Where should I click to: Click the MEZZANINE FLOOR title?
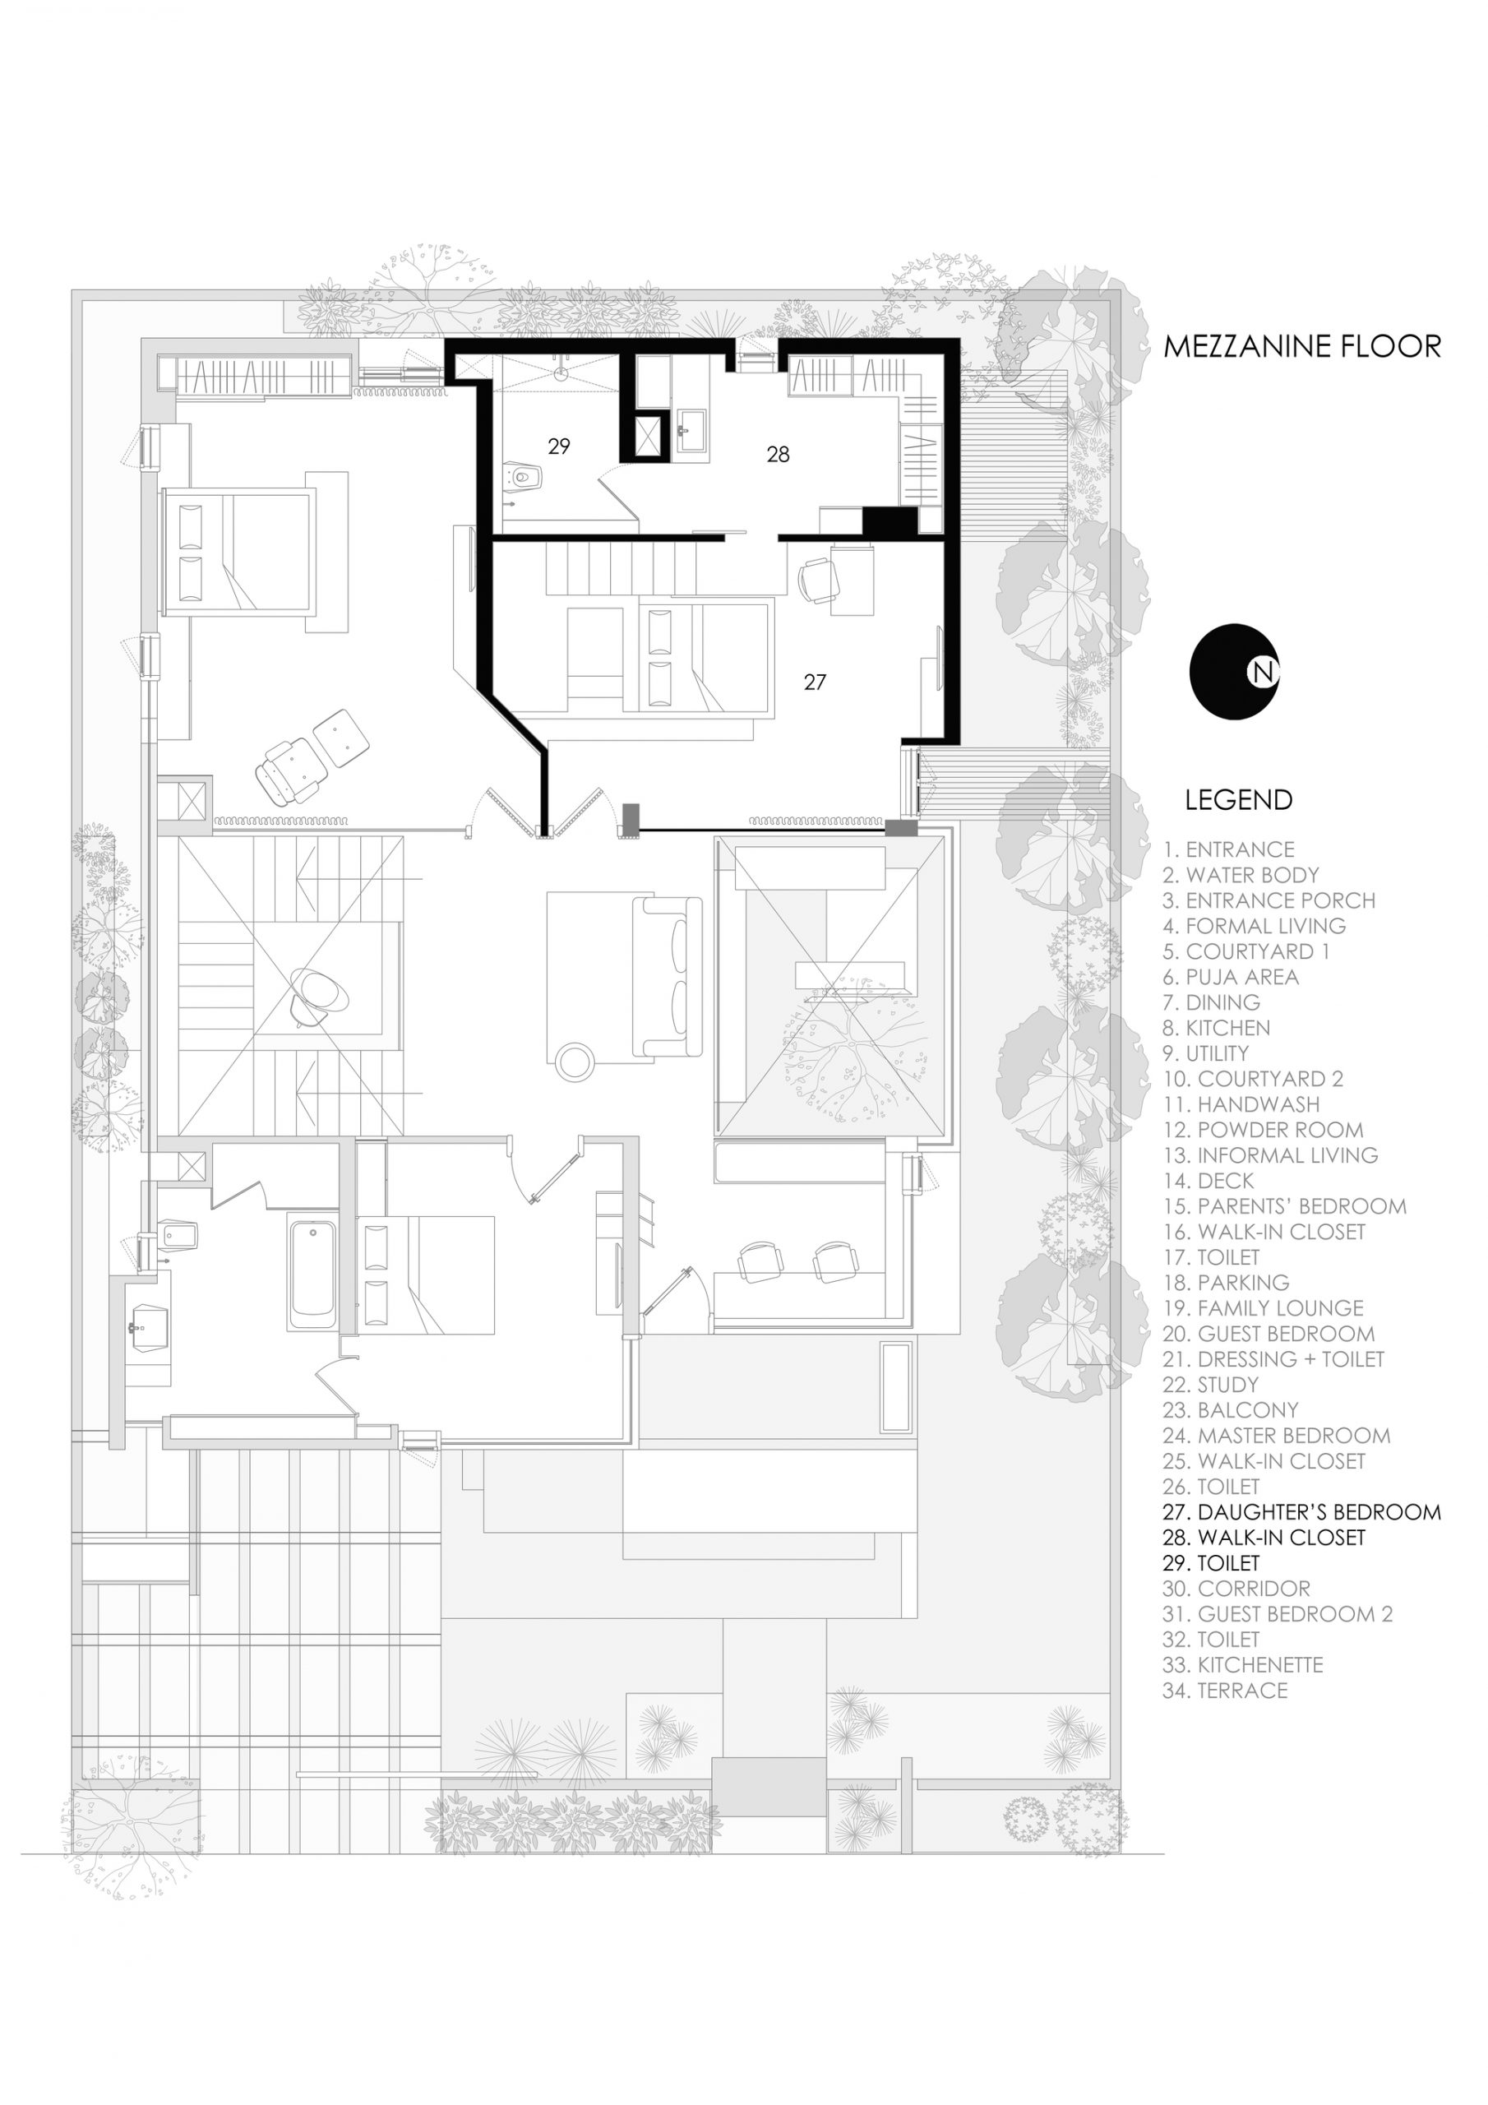coord(1302,346)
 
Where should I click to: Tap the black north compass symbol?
coord(1234,672)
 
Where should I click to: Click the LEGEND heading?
coord(1238,799)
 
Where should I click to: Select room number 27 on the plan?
coord(815,682)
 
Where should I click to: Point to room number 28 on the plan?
coord(779,454)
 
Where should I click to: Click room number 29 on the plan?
coord(559,446)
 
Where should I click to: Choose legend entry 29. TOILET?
coord(1211,1563)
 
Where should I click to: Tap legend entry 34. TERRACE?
coord(1225,1691)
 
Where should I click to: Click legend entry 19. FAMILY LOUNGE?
coord(1264,1308)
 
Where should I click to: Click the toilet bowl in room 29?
coord(524,477)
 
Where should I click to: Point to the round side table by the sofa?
coord(575,1061)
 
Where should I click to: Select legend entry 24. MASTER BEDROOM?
coord(1276,1436)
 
